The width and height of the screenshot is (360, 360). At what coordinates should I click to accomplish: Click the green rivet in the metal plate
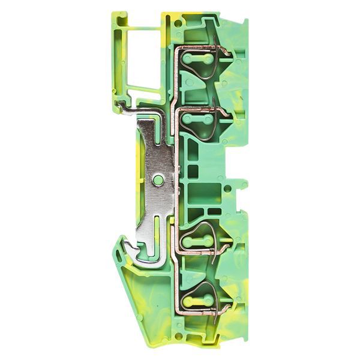(x=158, y=179)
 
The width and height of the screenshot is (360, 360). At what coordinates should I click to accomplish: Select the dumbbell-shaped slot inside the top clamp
(x=197, y=59)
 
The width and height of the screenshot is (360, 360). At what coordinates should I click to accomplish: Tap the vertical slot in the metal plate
(x=157, y=227)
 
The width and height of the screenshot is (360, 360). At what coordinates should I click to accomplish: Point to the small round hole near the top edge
(x=178, y=23)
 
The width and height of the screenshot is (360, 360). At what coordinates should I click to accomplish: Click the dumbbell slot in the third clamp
(x=197, y=241)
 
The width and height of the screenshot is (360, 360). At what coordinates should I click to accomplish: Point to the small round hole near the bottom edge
(x=178, y=337)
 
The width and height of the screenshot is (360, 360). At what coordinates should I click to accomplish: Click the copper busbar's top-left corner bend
(x=176, y=49)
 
